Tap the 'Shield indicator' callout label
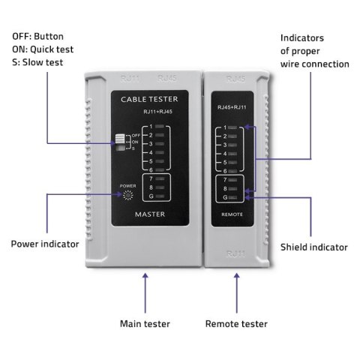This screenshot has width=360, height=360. click(x=313, y=247)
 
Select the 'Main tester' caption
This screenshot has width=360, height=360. click(x=145, y=324)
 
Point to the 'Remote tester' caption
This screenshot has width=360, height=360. click(x=236, y=324)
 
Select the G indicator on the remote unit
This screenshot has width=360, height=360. click(x=233, y=199)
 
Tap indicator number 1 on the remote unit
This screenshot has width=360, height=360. click(x=233, y=128)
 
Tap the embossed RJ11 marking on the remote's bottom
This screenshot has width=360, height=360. click(x=235, y=254)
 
